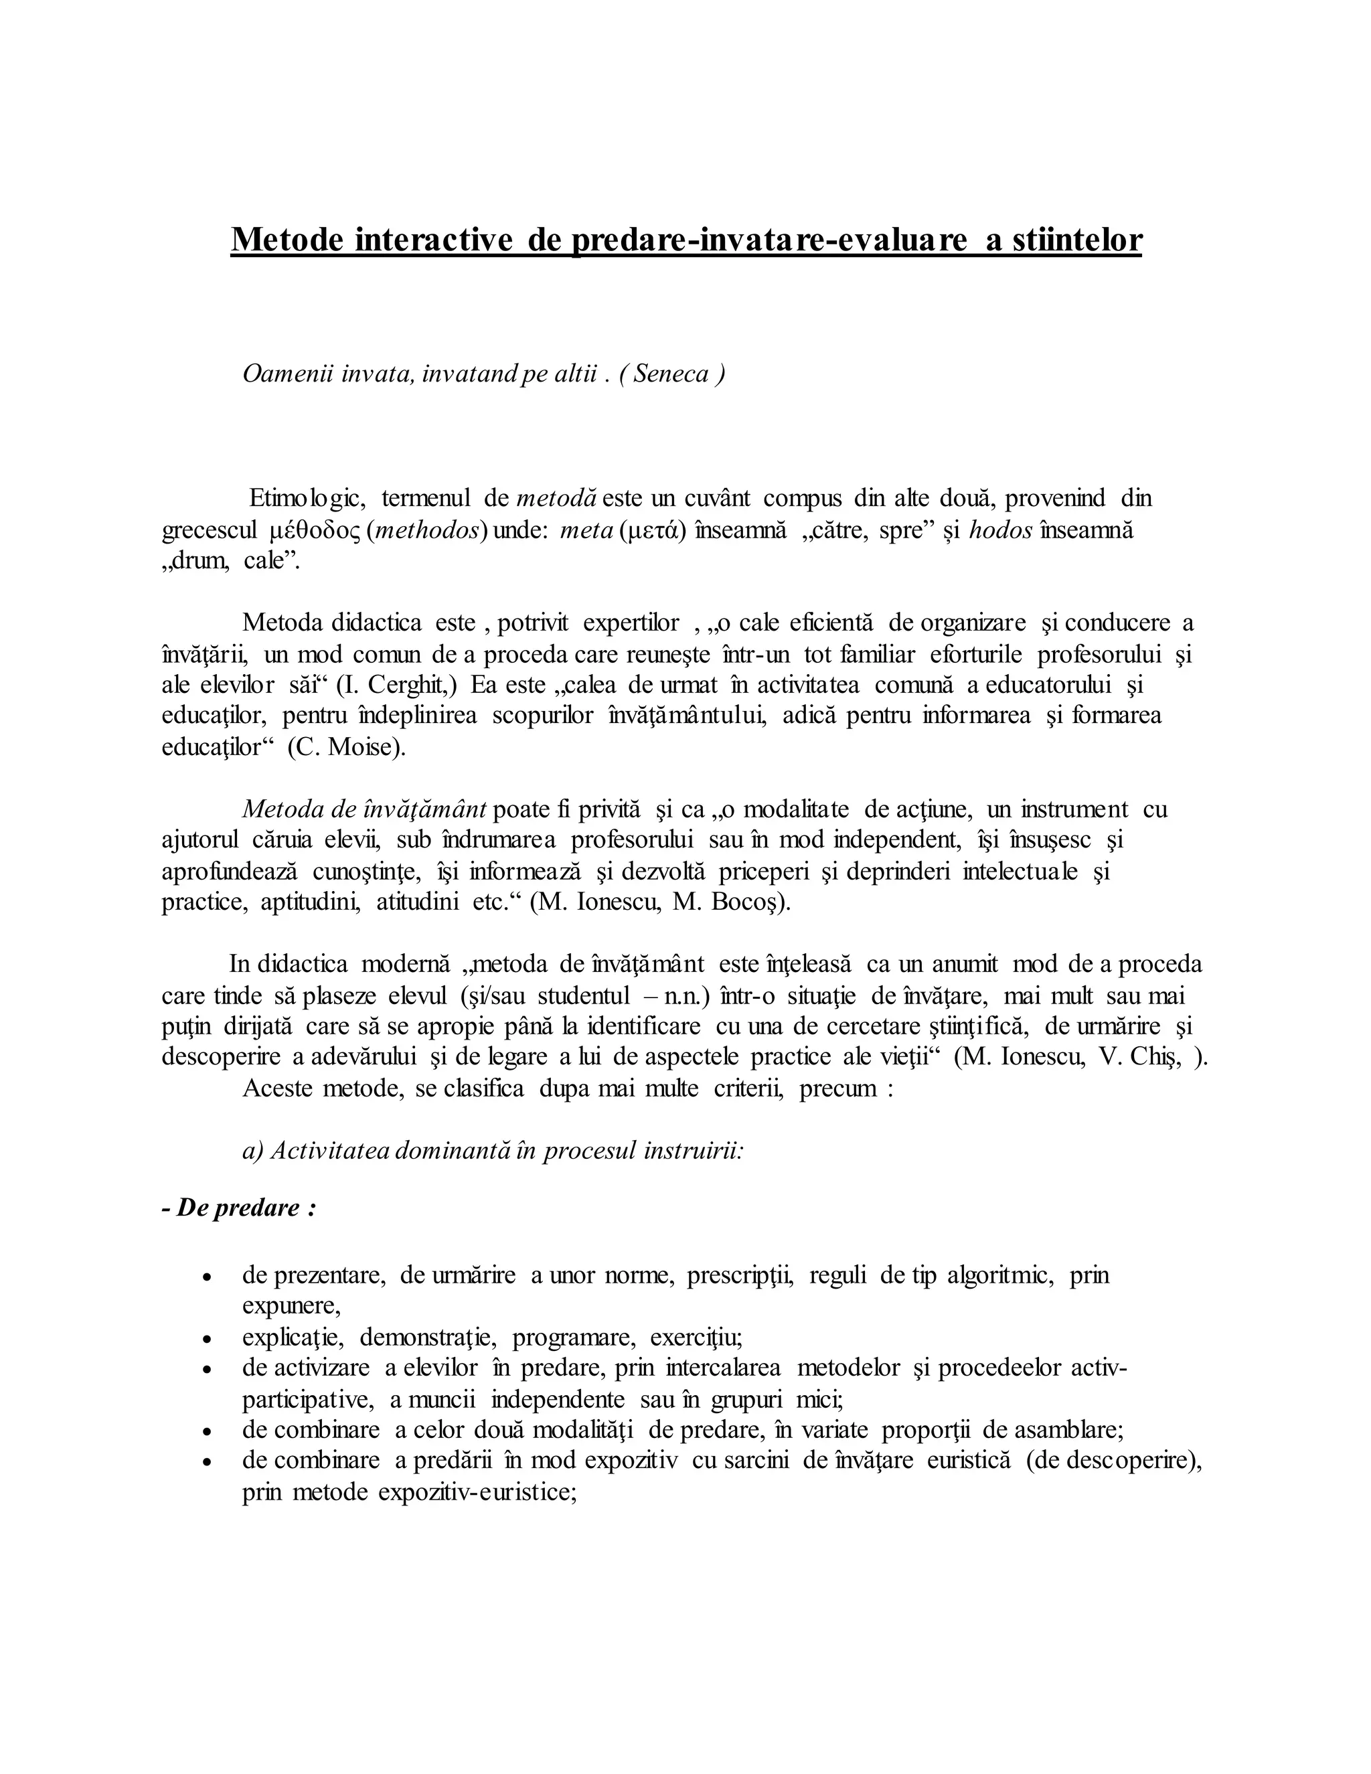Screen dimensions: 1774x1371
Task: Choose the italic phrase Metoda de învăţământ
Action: (x=364, y=809)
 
